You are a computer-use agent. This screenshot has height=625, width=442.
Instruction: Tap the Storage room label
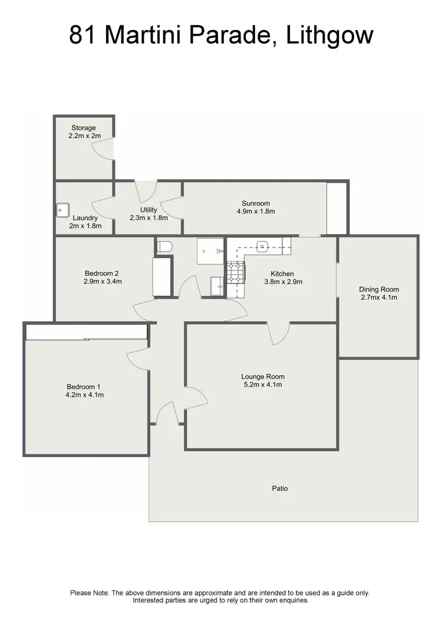pos(84,128)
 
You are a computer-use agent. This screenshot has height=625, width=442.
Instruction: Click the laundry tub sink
pos(62,209)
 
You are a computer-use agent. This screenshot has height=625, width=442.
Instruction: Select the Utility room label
pos(149,210)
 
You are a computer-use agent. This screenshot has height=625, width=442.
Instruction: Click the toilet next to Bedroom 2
pos(164,247)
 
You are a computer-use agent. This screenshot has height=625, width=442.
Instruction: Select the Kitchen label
pos(282,274)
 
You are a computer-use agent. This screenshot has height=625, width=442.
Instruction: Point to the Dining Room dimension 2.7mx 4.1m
pos(379,297)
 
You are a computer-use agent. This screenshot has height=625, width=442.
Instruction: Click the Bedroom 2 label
pos(102,273)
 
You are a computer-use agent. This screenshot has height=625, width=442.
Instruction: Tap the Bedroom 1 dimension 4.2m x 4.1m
pos(85,395)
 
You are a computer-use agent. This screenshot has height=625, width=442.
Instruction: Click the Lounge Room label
pos(263,376)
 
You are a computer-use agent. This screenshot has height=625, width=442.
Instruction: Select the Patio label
pos(280,488)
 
